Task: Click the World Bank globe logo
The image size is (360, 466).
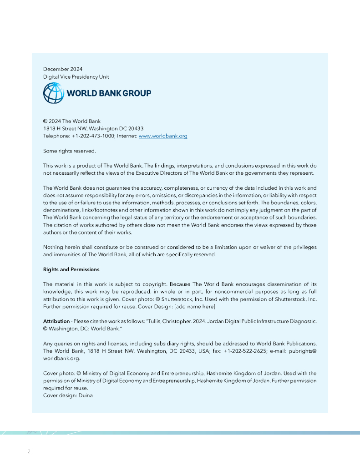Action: coord(54,93)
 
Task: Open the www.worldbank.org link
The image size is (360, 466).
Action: coord(163,136)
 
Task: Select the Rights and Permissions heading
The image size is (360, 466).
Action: coord(71,269)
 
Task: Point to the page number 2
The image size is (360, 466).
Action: coord(29,451)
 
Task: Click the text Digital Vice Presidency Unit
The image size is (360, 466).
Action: coord(76,77)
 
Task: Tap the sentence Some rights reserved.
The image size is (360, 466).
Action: coord(70,151)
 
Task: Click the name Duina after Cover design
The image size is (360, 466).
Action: coord(86,395)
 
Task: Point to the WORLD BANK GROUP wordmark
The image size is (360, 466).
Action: coord(109,93)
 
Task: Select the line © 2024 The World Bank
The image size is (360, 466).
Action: coord(72,122)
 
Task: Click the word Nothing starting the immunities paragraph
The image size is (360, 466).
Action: coord(54,247)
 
